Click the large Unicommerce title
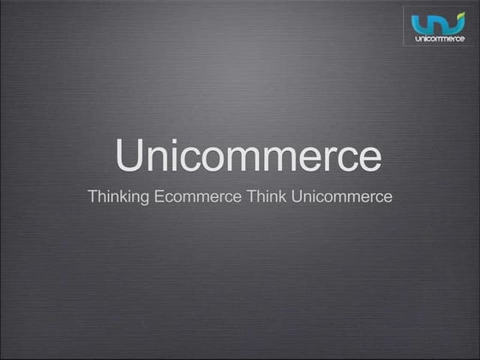click(x=248, y=157)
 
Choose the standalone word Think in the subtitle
click(x=267, y=197)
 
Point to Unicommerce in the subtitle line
click(x=342, y=197)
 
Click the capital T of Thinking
click(x=93, y=196)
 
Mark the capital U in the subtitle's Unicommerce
click(x=297, y=196)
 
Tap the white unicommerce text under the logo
click(x=439, y=39)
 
